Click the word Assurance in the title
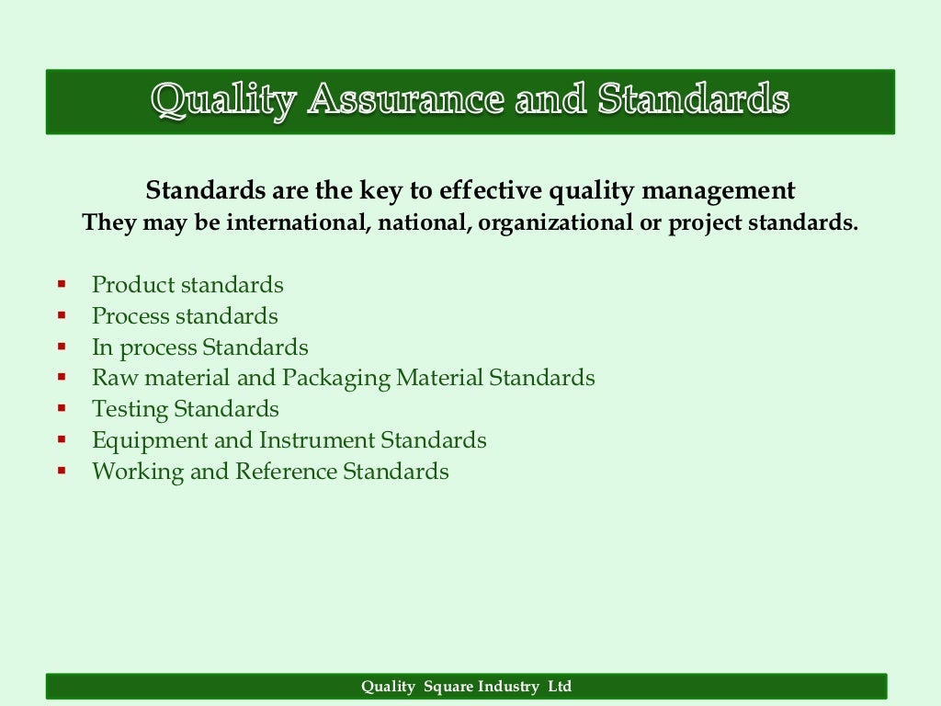pos(404,99)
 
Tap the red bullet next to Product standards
pos(62,284)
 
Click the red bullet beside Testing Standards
pos(62,408)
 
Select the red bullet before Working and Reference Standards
pos(62,471)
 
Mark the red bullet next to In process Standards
pos(62,347)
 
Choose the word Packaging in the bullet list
pos(337,378)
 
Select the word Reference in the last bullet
pos(286,472)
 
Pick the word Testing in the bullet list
pos(130,409)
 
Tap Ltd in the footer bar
pos(560,687)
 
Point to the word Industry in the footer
pos(511,687)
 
